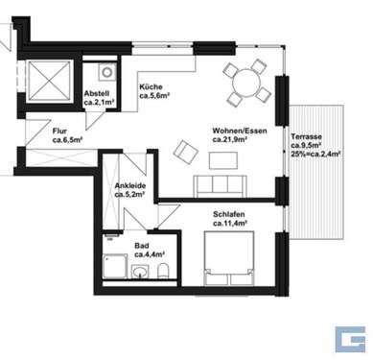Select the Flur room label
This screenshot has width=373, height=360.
coord(37,132)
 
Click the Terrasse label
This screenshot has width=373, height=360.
coord(307,136)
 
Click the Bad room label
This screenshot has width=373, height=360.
coord(141,245)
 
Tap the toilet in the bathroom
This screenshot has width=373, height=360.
coord(166,268)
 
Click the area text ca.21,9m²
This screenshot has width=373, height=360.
coord(230,140)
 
